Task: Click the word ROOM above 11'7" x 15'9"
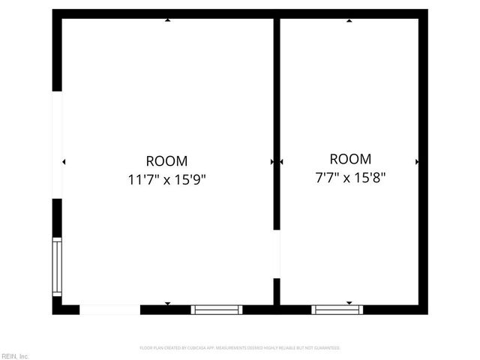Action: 166,160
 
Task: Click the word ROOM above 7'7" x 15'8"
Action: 350,159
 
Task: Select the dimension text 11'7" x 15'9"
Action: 166,179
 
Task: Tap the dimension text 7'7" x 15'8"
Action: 350,178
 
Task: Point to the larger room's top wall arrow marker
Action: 167,20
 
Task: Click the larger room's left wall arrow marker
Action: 64,161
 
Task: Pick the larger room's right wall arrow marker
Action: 271,161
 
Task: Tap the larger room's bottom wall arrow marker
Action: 167,303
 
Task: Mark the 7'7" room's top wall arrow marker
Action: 349,20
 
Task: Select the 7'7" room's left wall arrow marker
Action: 282,161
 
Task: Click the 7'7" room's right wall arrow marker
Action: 417,161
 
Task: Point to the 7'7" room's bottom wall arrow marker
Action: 349,303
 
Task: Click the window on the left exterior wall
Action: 56,266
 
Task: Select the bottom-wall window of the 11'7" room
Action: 217,309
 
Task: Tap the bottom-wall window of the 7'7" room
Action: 337,309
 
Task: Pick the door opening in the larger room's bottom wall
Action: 109,309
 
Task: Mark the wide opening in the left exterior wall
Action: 57,145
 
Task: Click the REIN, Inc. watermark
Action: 15,355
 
